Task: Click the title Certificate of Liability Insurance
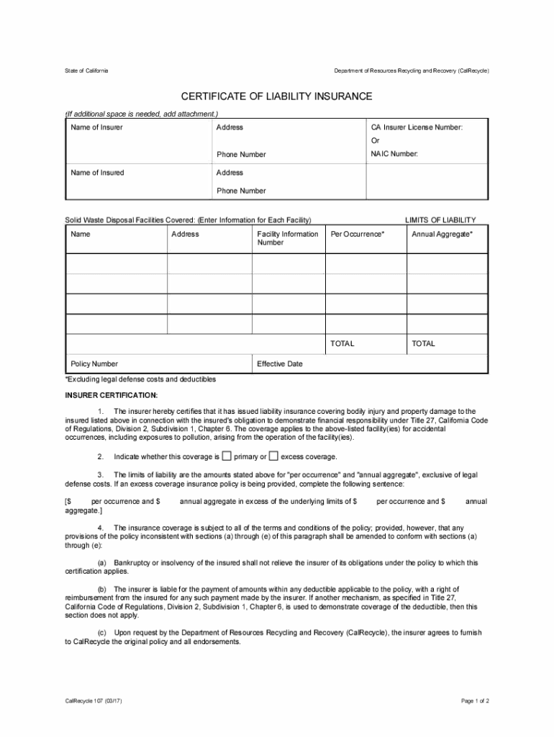click(x=276, y=96)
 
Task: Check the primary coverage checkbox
click(x=227, y=456)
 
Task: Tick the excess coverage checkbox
click(x=273, y=456)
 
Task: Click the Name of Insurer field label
click(x=96, y=127)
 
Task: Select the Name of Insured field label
click(x=97, y=173)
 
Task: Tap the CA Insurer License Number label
click(x=417, y=127)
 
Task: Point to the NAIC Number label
click(x=394, y=154)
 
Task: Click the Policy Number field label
click(x=94, y=364)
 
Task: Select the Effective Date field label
click(x=280, y=364)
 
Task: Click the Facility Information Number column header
click(x=287, y=238)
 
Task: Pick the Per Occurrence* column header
click(x=357, y=235)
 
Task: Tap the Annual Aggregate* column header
click(x=442, y=235)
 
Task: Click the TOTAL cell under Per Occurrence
click(x=342, y=344)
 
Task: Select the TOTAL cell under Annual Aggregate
click(x=423, y=344)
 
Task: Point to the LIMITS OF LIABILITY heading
click(x=440, y=220)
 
